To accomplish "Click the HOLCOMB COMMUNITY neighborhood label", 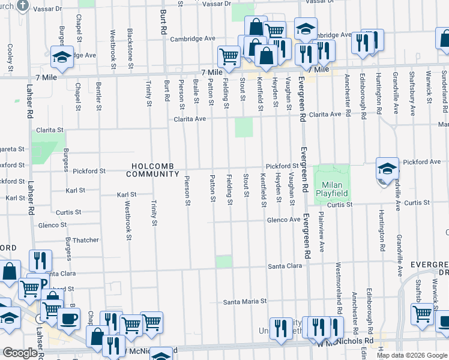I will click(x=152, y=170).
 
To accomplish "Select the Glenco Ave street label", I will click(x=283, y=220).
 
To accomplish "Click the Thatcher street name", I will click(x=85, y=240).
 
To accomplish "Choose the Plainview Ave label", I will click(x=322, y=231).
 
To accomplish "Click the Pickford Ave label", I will click(x=423, y=162).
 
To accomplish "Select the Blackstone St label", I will click(x=130, y=43).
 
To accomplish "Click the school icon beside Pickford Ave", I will click(x=387, y=169).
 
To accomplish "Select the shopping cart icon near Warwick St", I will click(x=423, y=314).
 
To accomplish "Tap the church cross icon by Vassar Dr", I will click(x=23, y=5).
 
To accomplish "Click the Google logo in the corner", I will click(x=20, y=353).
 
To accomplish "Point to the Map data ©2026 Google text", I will click(x=412, y=355).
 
